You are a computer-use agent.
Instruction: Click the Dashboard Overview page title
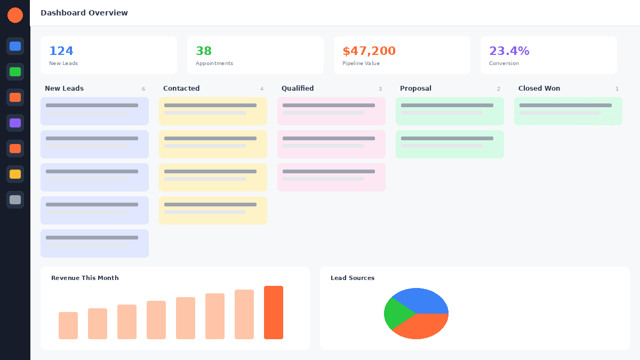[x=84, y=13]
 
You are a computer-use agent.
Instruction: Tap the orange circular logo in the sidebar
[x=15, y=15]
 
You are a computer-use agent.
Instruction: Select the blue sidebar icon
[x=15, y=46]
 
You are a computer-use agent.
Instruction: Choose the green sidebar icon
[x=15, y=71]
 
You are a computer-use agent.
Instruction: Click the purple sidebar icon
[x=15, y=123]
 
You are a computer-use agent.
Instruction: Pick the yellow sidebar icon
[x=15, y=174]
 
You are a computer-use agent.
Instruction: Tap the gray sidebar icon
[x=15, y=199]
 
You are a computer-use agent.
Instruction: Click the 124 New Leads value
[x=61, y=51]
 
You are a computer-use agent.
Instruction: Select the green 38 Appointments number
[x=204, y=51]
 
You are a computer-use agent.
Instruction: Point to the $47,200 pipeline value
[x=369, y=51]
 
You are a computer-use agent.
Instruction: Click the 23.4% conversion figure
[x=509, y=51]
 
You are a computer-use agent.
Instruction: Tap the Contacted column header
[x=181, y=89]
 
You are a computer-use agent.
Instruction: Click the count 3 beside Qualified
[x=380, y=89]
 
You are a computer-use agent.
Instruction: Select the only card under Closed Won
[x=568, y=111]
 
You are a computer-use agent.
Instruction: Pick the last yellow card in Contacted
[x=213, y=210]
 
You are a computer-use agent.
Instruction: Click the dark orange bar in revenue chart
[x=274, y=313]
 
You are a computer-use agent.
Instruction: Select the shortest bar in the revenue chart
[x=68, y=325]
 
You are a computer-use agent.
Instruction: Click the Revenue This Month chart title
[x=85, y=278]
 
